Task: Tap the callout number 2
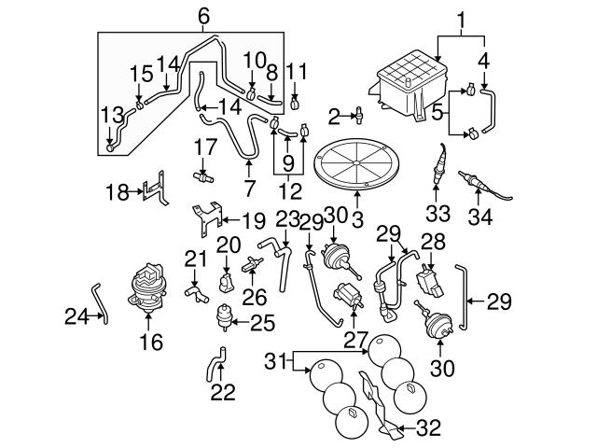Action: click(333, 116)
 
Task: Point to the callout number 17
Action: click(204, 146)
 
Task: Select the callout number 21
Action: click(193, 258)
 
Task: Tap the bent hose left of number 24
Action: click(100, 303)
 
